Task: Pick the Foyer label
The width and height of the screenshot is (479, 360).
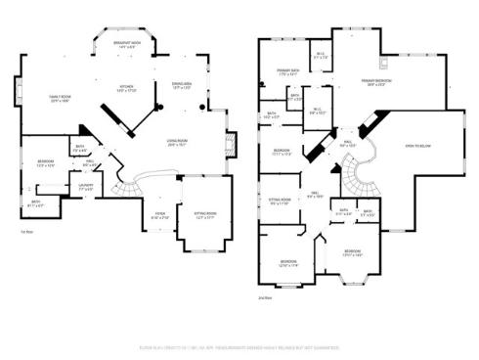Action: pos(159,214)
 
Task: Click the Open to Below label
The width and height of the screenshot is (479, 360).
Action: pos(417,146)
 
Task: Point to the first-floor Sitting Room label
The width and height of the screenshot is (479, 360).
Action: pos(205,216)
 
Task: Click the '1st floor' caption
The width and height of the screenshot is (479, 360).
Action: pos(27,232)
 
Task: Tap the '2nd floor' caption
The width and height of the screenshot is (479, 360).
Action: pos(264,296)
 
